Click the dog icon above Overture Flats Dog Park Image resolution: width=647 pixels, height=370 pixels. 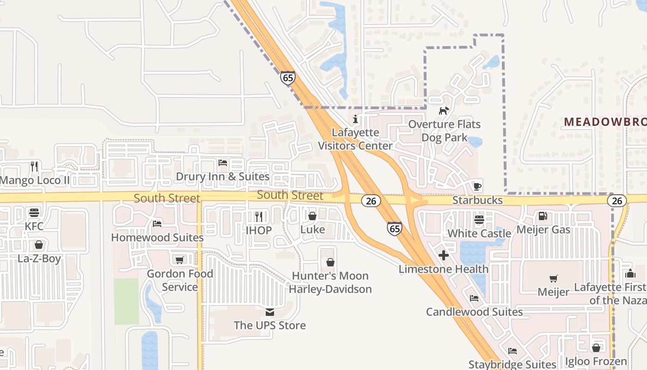pos(444,111)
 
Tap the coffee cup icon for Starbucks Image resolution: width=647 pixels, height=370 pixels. pos(477,186)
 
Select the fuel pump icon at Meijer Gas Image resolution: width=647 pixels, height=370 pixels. pos(543,216)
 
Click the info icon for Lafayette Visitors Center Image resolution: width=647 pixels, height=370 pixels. pos(355,119)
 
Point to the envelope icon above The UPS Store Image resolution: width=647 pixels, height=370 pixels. pos(269,312)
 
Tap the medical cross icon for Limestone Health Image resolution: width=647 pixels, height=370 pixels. pos(444,255)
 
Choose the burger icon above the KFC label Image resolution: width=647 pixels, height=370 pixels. pos(34,213)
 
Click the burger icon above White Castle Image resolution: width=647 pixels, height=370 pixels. pos(479,220)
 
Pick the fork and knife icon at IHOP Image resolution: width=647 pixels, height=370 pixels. pos(259,216)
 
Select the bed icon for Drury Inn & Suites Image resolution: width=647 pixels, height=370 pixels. pos(222,163)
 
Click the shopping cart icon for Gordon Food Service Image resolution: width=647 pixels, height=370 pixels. pos(179,260)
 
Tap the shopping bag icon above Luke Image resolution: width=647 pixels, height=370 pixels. pos(312,216)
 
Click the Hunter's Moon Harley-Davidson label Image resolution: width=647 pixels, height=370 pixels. pos(330,283)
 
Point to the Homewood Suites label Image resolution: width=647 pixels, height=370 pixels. pos(157,237)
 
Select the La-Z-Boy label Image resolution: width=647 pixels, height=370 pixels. pos(39,258)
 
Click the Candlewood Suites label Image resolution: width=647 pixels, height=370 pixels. pos(474,312)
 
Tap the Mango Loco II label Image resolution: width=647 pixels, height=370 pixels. pos(35,180)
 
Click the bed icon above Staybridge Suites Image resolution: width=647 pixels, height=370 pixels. pos(512,351)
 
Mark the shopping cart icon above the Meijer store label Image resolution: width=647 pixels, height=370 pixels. pos(553,278)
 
